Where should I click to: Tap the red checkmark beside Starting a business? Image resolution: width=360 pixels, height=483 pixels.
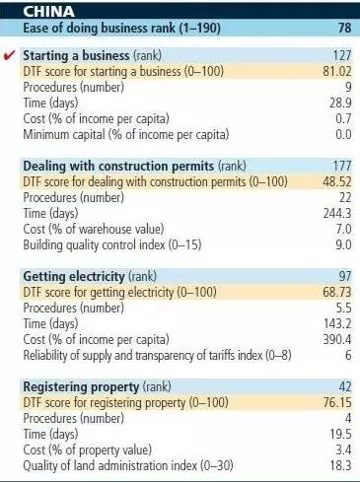[9, 58]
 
